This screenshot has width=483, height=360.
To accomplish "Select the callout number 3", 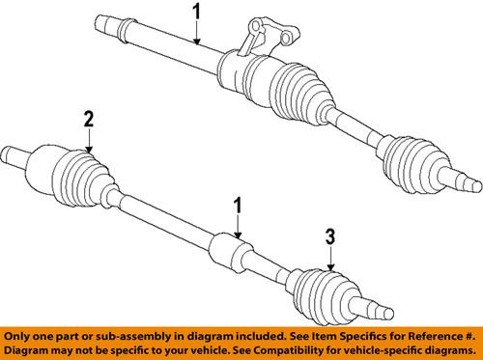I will point(331,235).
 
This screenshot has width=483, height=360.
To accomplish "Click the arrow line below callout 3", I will point(331,255).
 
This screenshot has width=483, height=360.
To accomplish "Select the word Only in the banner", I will point(21,335).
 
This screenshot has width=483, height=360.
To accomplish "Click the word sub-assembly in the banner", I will point(122,335).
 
